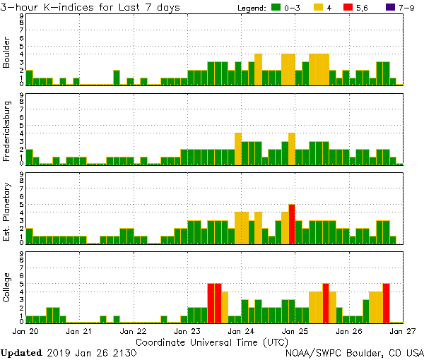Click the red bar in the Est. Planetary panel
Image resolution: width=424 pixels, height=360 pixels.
tap(292, 224)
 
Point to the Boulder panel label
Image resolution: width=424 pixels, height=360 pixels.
tap(7, 54)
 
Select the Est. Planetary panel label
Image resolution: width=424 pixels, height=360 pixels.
tap(7, 212)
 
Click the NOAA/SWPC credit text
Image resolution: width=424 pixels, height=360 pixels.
tap(354, 352)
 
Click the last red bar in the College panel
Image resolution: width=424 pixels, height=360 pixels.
tap(386, 302)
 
